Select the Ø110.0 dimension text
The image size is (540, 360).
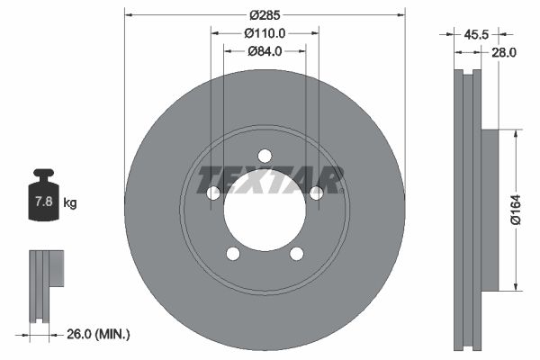[x=265, y=32]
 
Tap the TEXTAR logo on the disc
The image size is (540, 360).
[x=270, y=180]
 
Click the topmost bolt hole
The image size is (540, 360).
[x=265, y=155]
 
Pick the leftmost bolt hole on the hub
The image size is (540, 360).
[x=213, y=193]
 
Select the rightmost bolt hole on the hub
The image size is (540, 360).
[x=316, y=193]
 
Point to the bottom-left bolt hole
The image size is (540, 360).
[x=233, y=253]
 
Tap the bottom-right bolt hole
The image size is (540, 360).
[x=296, y=253]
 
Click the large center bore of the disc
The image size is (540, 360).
[x=265, y=210]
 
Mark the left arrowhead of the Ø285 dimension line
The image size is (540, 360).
[x=129, y=15]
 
